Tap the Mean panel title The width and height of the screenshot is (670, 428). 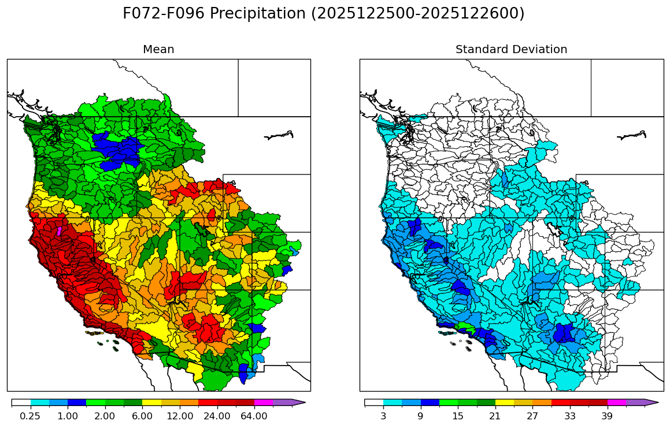pyautogui.click(x=158, y=50)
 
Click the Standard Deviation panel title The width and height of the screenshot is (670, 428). pyautogui.click(x=511, y=50)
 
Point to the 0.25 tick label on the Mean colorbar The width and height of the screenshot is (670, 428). pyautogui.click(x=30, y=416)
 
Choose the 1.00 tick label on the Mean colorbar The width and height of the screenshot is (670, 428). pyautogui.click(x=68, y=416)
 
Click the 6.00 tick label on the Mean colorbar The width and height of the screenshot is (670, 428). pyautogui.click(x=142, y=416)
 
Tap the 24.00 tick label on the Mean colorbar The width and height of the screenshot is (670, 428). pyautogui.click(x=217, y=416)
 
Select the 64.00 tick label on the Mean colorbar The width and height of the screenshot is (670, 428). pyautogui.click(x=254, y=416)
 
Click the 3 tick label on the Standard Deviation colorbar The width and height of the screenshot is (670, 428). pyautogui.click(x=383, y=416)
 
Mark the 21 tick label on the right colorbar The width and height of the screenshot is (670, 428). pyautogui.click(x=495, y=416)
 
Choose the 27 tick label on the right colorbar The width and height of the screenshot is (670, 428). pyautogui.click(x=532, y=416)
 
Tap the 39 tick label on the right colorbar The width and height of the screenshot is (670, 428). pyautogui.click(x=607, y=416)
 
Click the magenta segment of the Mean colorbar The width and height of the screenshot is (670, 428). pyautogui.click(x=264, y=402)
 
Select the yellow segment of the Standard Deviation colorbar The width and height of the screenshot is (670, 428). pyautogui.click(x=504, y=402)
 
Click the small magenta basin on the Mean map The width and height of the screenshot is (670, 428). pyautogui.click(x=59, y=231)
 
